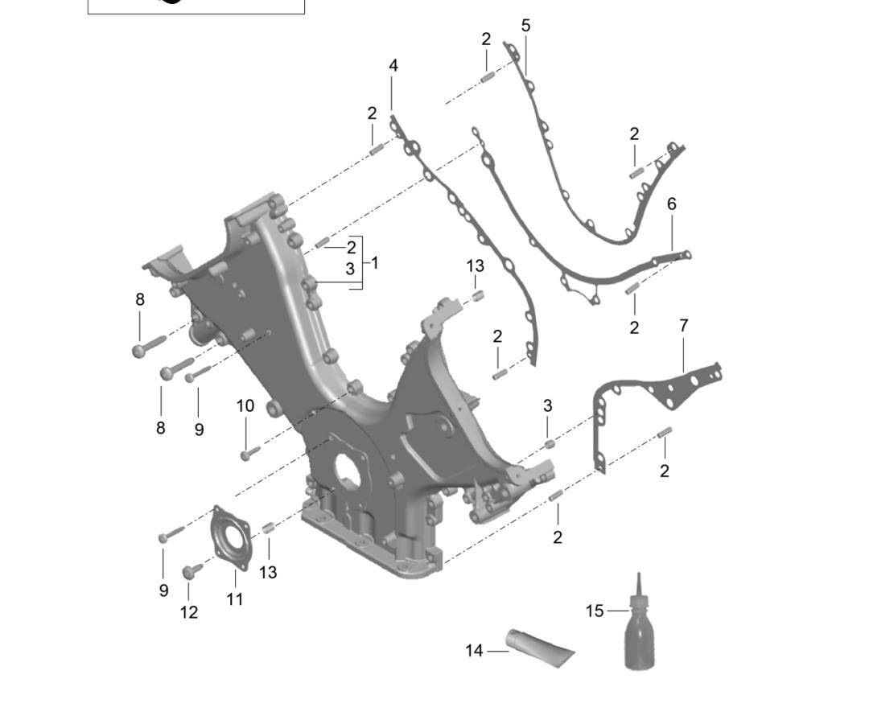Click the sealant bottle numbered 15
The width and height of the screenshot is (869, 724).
(x=640, y=631)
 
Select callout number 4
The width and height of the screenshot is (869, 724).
(x=393, y=66)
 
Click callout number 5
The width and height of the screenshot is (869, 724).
(x=526, y=26)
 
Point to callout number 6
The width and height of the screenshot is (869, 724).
(x=672, y=204)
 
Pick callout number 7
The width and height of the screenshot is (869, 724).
(x=683, y=326)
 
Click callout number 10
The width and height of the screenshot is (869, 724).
(x=245, y=406)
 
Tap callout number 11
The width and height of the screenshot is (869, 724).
(x=234, y=599)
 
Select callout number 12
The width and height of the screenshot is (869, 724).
(x=189, y=612)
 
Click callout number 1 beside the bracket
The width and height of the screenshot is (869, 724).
(x=375, y=262)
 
